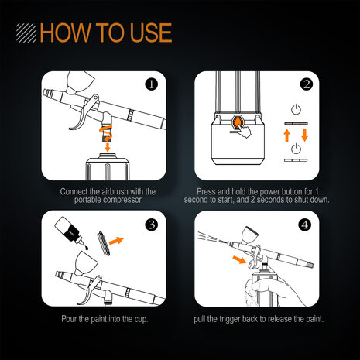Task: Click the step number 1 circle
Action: click(x=152, y=84)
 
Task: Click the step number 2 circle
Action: click(x=307, y=84)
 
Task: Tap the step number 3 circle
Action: click(x=152, y=225)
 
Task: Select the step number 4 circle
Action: click(x=305, y=225)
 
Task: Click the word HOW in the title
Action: click(x=65, y=33)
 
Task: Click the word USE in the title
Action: click(x=151, y=33)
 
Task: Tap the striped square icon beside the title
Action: click(x=26, y=33)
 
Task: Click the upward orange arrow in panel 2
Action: click(x=286, y=135)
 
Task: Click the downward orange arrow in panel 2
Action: click(x=305, y=135)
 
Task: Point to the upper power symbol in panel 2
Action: click(x=296, y=109)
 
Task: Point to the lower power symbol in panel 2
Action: click(x=296, y=149)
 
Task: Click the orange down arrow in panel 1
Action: click(x=108, y=148)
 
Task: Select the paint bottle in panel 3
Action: click(x=69, y=231)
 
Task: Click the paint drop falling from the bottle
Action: click(x=87, y=248)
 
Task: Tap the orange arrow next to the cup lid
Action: click(x=116, y=241)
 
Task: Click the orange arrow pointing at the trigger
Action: click(x=239, y=259)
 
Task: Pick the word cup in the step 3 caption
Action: click(x=141, y=320)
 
